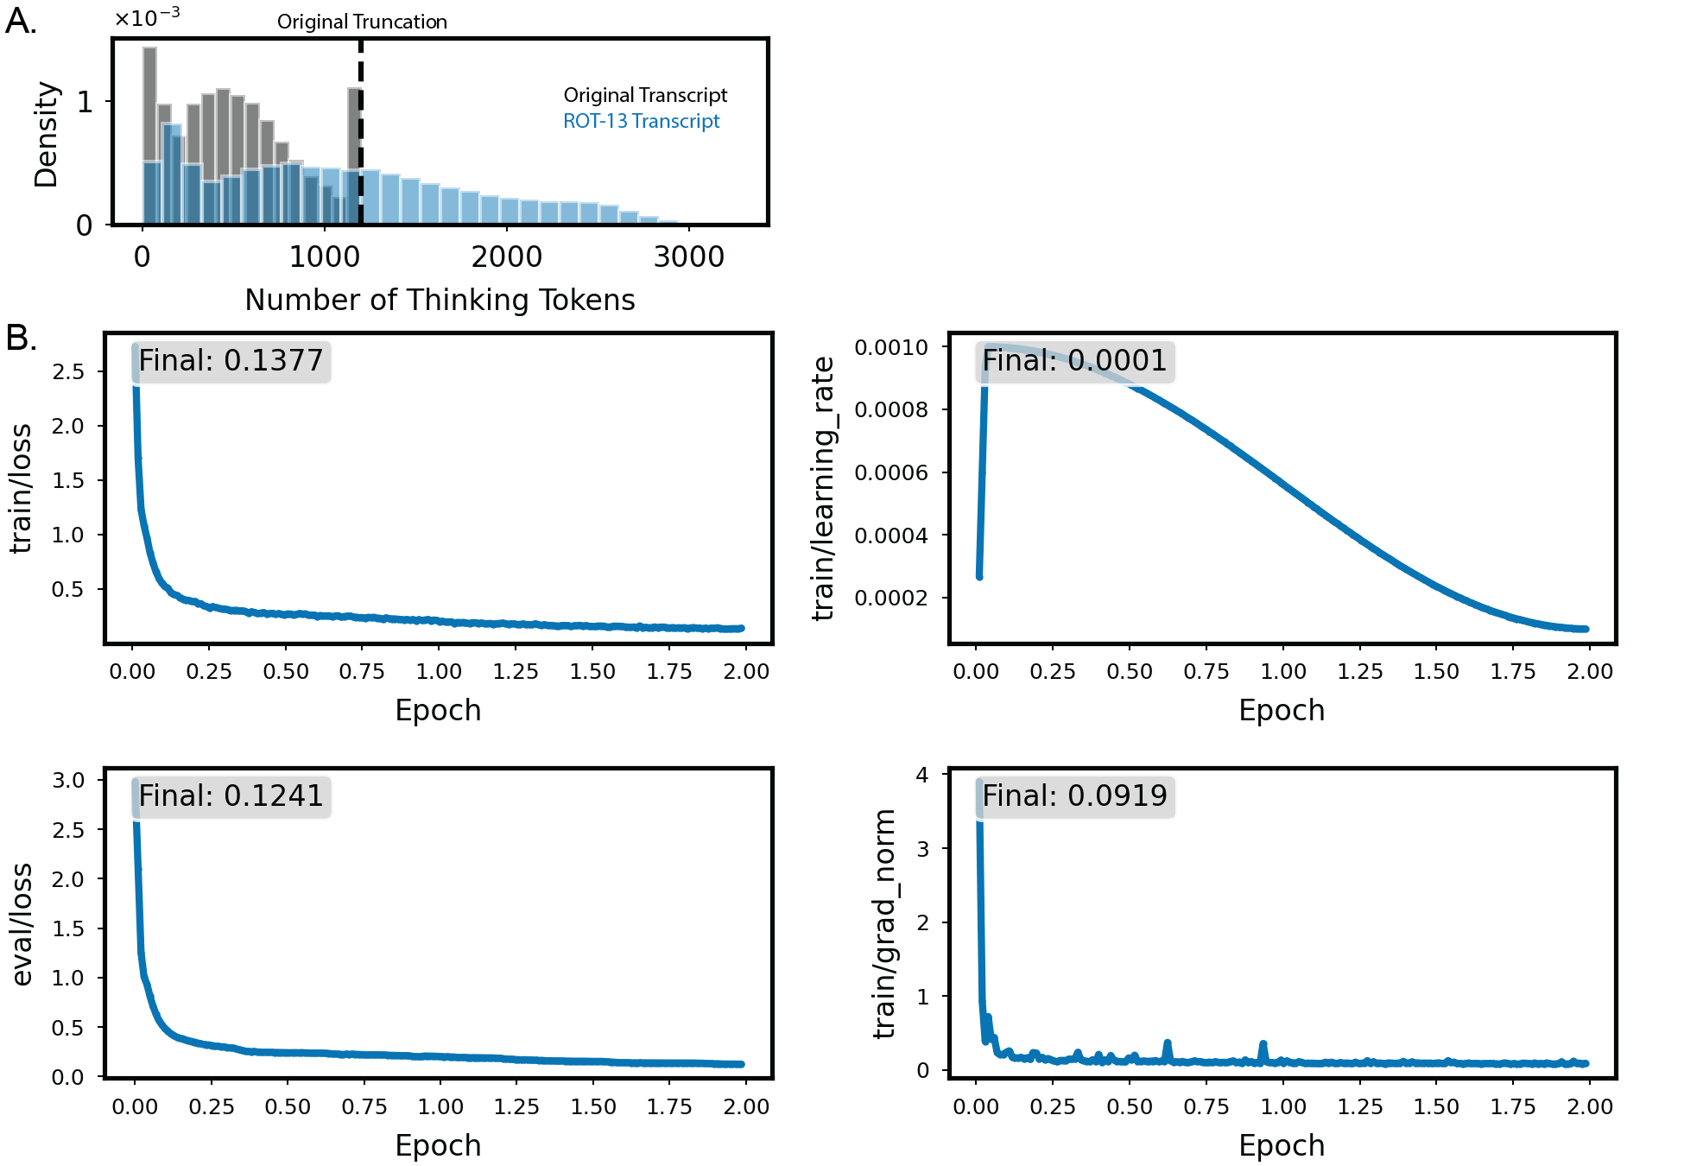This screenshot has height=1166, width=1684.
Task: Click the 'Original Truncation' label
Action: click(362, 22)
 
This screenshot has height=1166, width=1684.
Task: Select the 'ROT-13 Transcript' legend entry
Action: click(641, 121)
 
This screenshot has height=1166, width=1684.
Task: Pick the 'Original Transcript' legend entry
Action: click(645, 95)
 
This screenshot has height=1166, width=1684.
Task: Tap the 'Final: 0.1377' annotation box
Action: click(231, 361)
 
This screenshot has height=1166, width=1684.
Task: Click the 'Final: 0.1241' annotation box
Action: click(231, 796)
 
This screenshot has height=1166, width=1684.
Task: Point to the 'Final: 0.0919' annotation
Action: click(1074, 796)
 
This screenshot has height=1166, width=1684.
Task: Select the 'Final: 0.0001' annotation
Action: click(1074, 361)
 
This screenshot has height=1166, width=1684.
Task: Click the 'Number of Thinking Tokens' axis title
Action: click(440, 300)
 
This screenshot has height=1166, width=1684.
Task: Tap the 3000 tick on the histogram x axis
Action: click(688, 257)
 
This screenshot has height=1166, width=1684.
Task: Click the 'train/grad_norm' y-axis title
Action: click(884, 923)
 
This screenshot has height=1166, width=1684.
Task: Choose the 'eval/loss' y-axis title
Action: click(22, 924)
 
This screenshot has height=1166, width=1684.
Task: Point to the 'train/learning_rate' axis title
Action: click(824, 488)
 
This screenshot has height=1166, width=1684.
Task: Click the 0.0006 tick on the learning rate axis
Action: click(890, 472)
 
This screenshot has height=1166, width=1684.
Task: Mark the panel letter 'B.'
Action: click(21, 338)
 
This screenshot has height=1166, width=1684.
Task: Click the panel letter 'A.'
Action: click(21, 21)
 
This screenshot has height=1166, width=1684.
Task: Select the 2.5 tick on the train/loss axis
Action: click(68, 371)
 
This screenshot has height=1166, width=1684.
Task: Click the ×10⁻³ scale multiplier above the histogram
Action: click(147, 17)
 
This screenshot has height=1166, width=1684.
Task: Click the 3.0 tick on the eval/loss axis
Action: click(68, 780)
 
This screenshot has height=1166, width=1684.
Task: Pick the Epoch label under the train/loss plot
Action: click(438, 710)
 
